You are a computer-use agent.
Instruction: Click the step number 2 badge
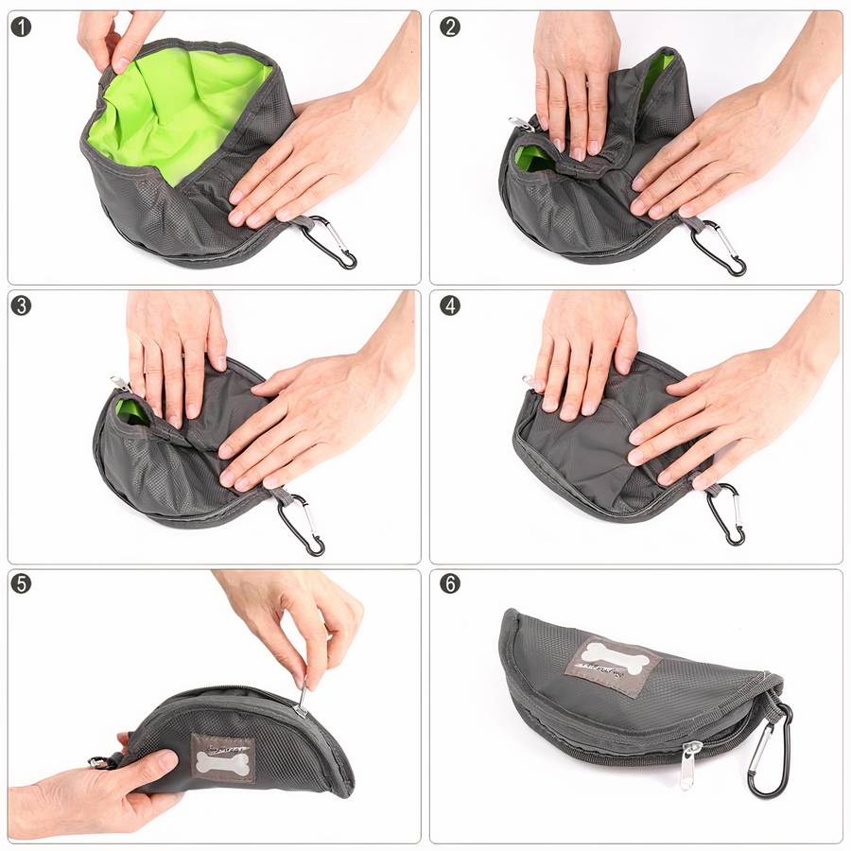coord(450,26)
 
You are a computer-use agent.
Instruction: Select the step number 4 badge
coord(450,305)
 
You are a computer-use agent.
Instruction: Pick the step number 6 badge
coord(450,583)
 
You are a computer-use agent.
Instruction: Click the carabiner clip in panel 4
coord(726,516)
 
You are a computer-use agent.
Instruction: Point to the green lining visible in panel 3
coord(130,410)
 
